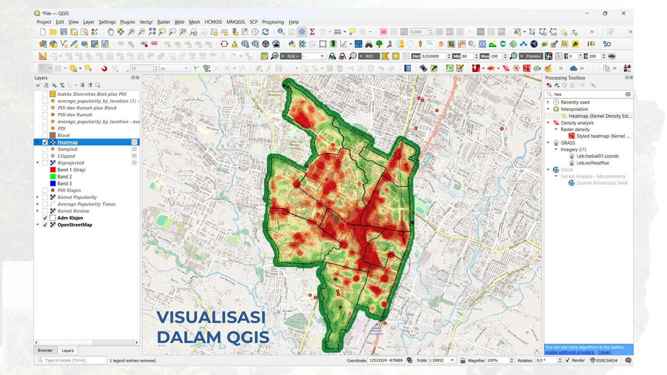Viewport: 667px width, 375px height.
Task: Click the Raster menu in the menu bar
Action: click(x=164, y=22)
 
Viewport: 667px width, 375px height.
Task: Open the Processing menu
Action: click(x=273, y=22)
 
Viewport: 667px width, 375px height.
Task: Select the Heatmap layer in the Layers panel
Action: click(x=68, y=142)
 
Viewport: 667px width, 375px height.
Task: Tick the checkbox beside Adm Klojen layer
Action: click(x=45, y=218)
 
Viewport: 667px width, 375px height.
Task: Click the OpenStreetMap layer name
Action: click(x=75, y=225)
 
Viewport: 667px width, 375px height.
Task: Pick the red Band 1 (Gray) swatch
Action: click(x=53, y=170)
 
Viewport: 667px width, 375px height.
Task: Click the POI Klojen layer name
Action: click(x=69, y=190)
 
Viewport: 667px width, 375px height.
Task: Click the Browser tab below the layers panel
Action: click(x=45, y=350)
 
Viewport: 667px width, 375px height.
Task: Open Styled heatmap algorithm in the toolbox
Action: click(x=602, y=136)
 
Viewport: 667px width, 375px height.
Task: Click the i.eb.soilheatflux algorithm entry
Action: click(x=592, y=163)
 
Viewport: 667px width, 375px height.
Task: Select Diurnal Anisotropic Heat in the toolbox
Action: click(x=602, y=183)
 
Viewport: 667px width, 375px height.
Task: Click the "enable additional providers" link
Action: click(x=570, y=352)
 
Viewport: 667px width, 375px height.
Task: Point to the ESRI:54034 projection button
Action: click(x=604, y=360)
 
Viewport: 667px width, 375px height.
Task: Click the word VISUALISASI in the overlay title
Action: click(x=211, y=317)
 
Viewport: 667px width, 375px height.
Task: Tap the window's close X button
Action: click(x=623, y=13)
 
